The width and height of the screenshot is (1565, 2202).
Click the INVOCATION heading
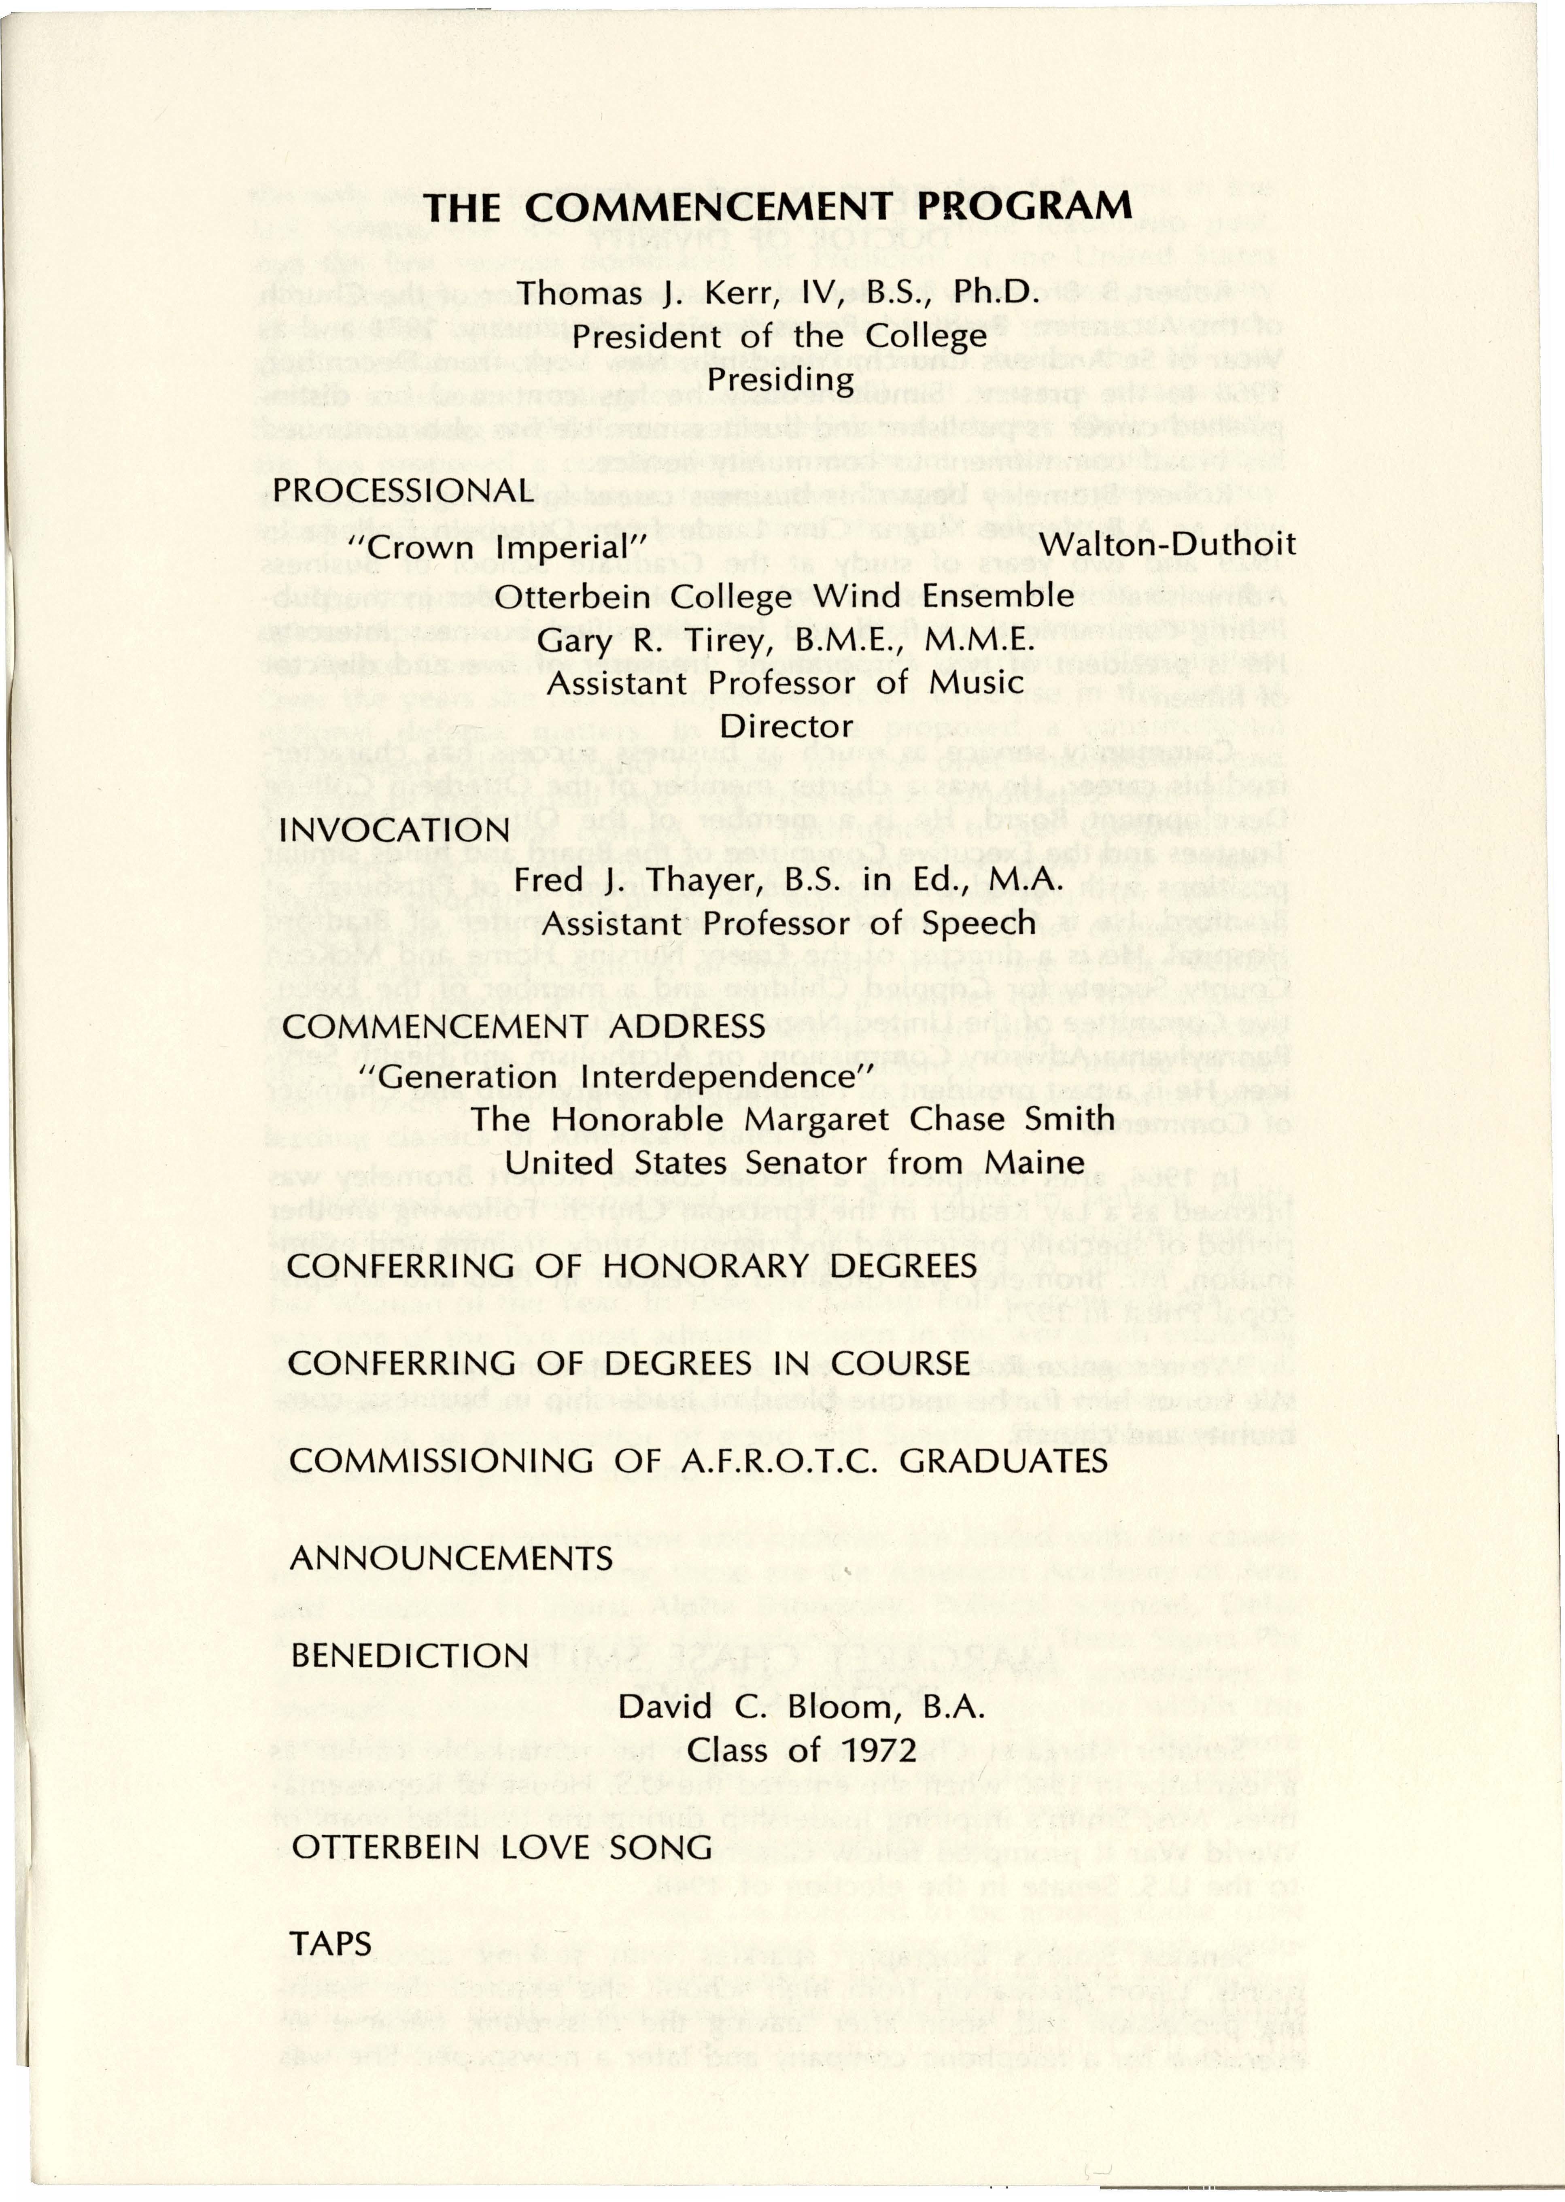394,830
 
